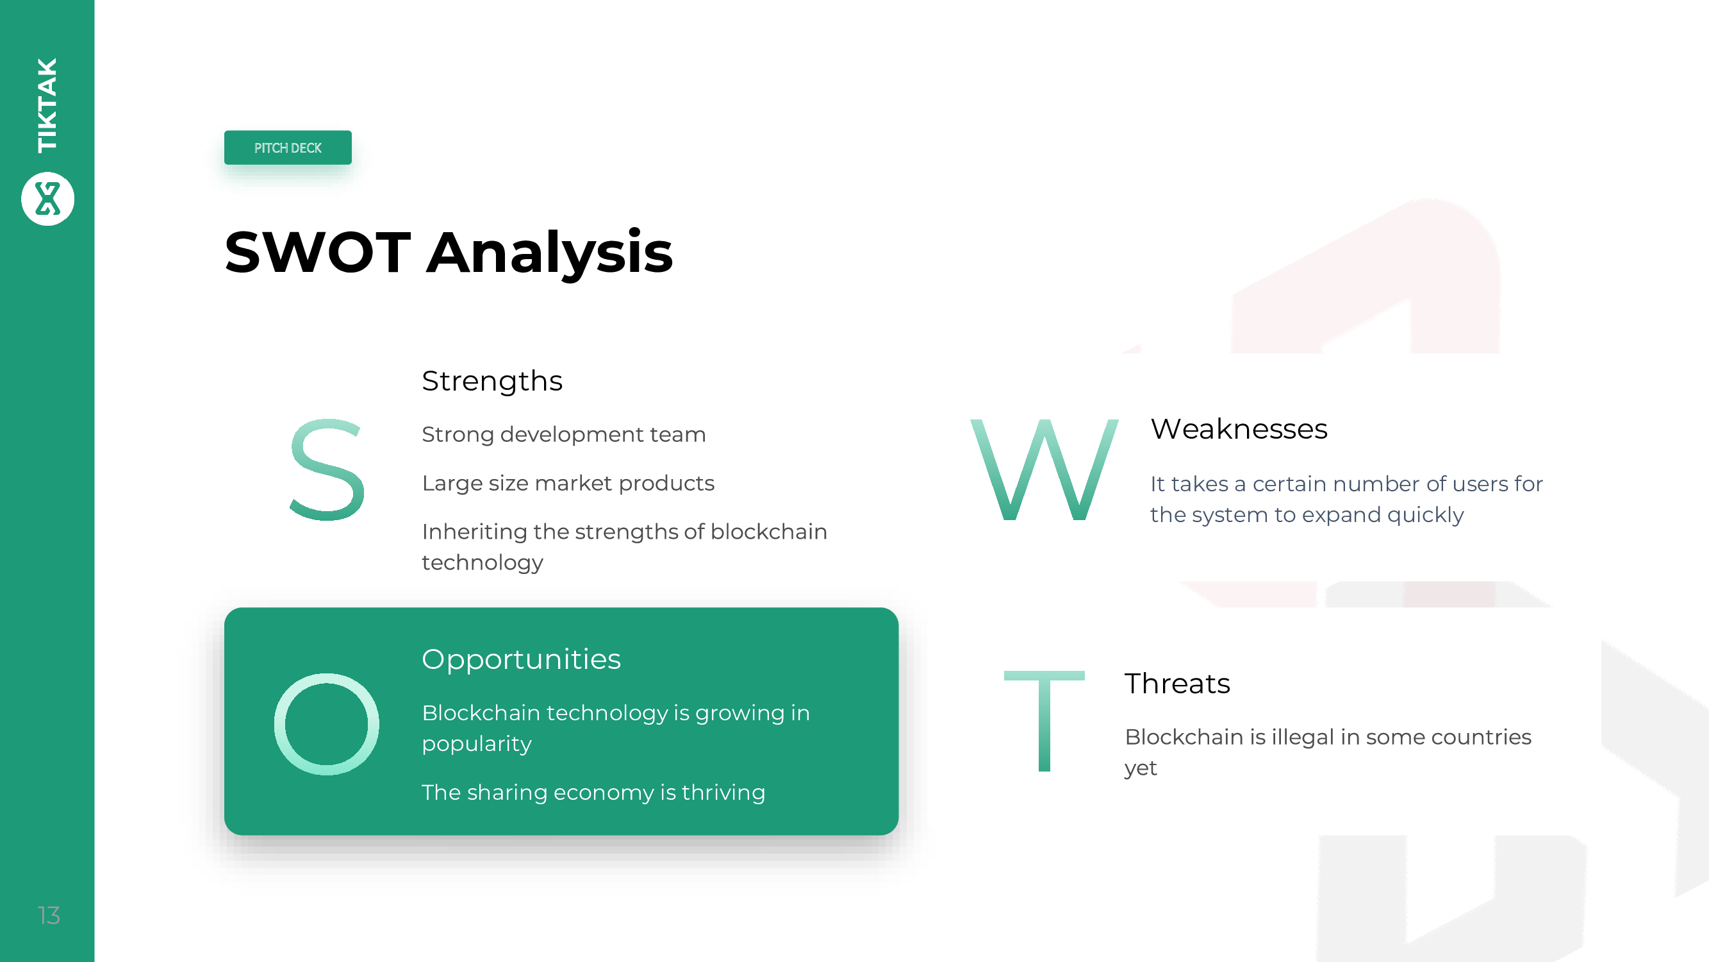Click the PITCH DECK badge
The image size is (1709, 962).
(288, 148)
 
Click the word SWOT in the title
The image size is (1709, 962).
(318, 252)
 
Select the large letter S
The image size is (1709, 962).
(327, 469)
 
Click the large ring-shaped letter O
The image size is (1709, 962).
(279, 723)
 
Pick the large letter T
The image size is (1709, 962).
(1044, 721)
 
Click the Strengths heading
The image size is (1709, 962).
(492, 381)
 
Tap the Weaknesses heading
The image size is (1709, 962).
(1239, 429)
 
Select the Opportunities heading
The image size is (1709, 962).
(522, 659)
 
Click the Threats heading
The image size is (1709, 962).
(1178, 683)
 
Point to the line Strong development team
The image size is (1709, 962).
(564, 434)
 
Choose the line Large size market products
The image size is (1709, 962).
(568, 484)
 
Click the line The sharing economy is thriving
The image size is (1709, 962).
(593, 792)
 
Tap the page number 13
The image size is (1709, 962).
(49, 916)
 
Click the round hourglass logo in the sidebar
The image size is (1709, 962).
(48, 199)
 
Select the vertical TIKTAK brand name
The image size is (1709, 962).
(47, 105)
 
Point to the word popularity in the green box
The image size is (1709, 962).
(477, 744)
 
